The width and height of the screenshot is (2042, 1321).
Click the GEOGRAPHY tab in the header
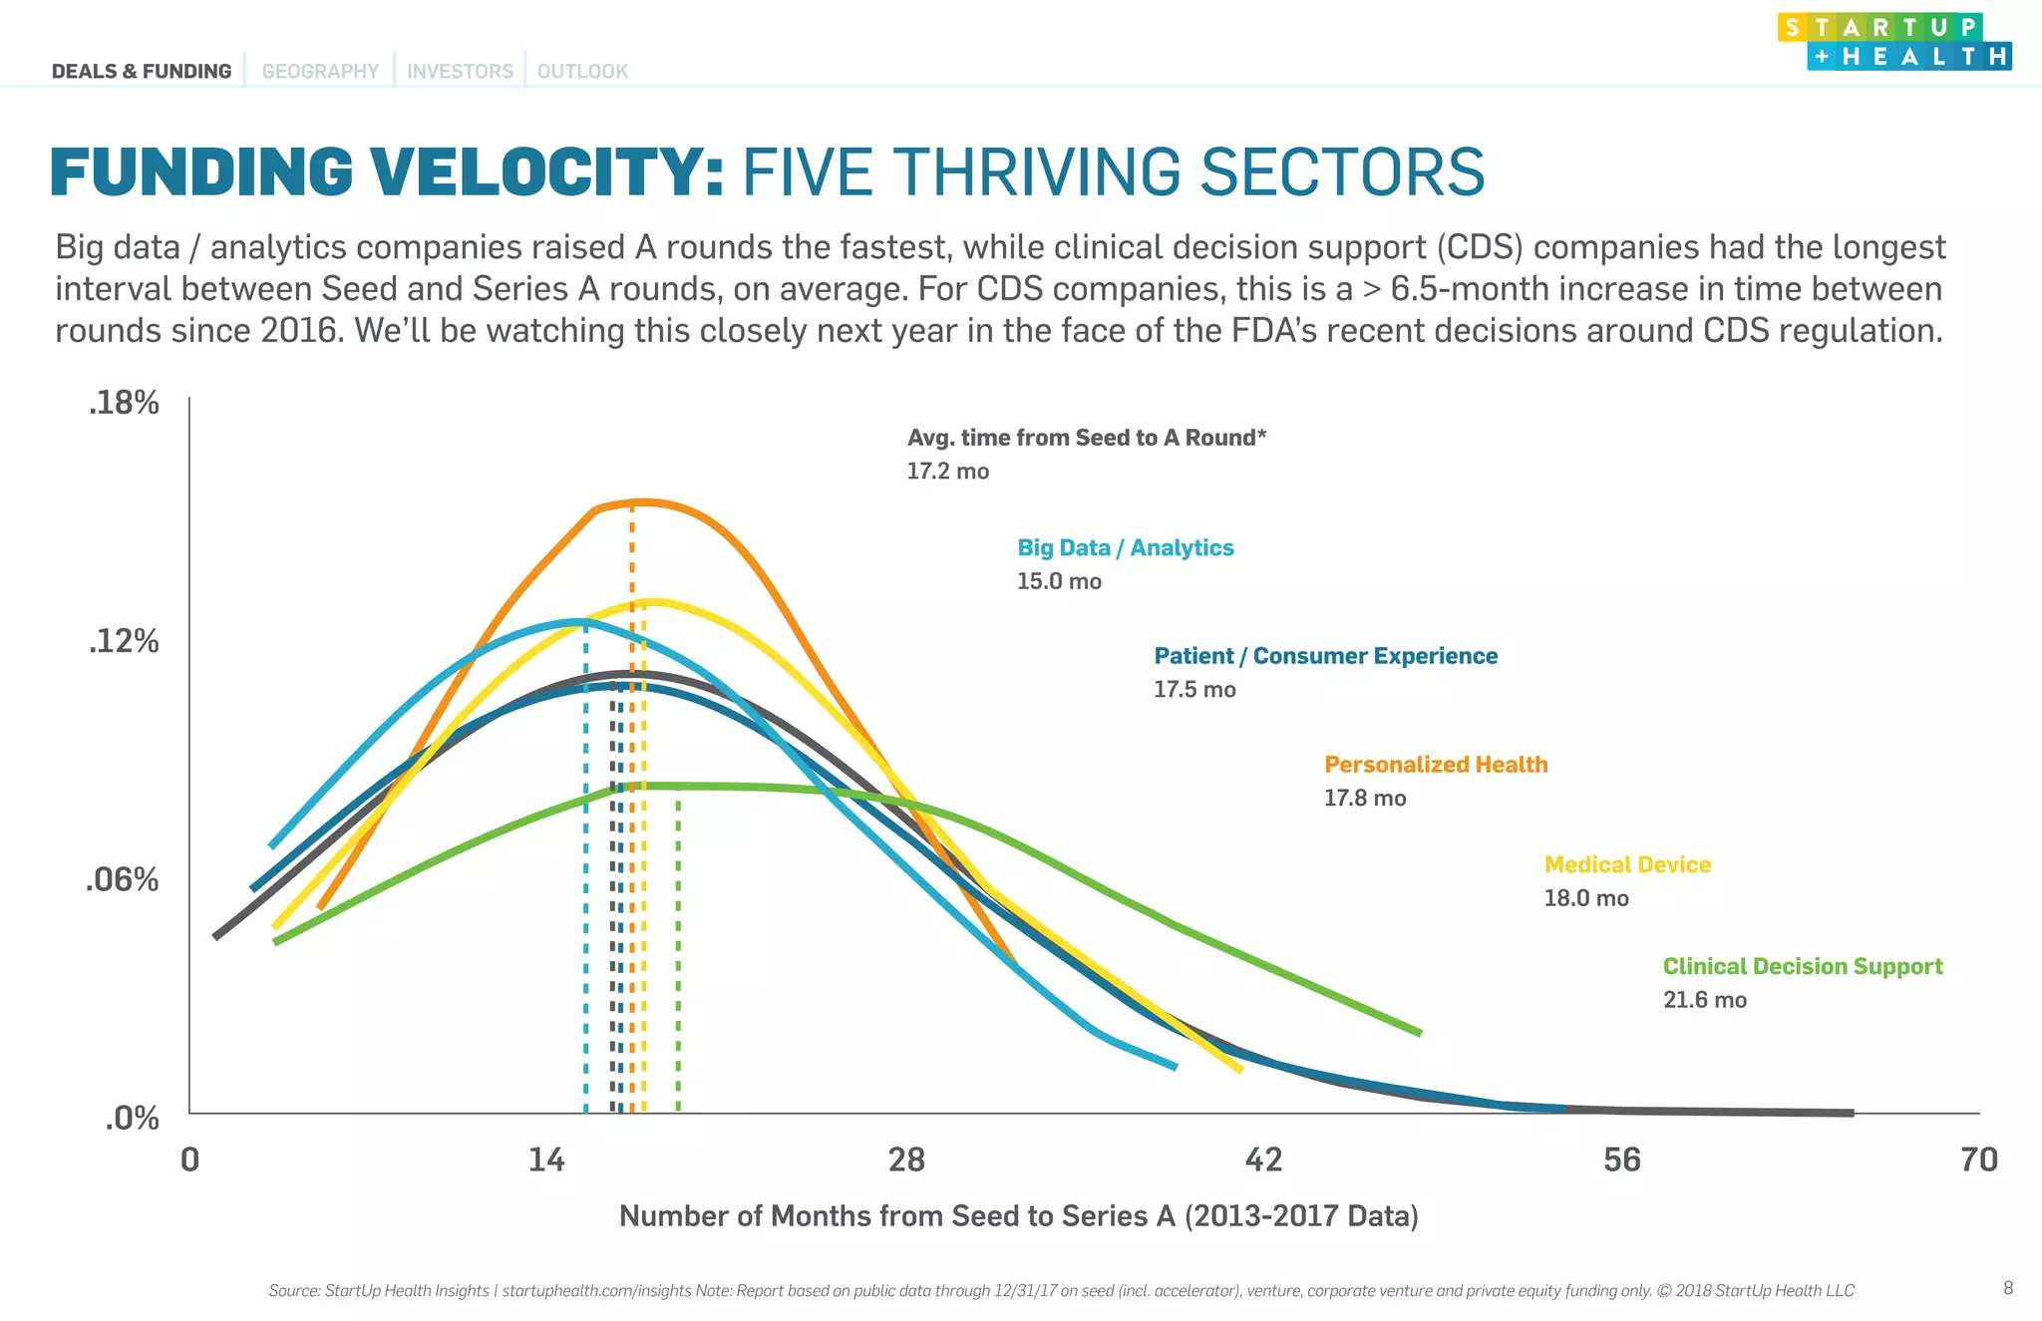(x=320, y=71)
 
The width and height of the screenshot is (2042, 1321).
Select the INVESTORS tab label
(x=460, y=71)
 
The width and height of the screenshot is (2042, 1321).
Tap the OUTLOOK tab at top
(x=582, y=71)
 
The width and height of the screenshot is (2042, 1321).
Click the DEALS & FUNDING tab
(x=142, y=71)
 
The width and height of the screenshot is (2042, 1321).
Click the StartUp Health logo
(x=1893, y=42)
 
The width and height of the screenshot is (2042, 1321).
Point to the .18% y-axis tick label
(x=124, y=403)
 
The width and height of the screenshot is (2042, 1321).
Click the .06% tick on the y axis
(x=122, y=879)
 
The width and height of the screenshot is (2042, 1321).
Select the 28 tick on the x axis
(x=905, y=1159)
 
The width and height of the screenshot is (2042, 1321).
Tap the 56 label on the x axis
(x=1621, y=1159)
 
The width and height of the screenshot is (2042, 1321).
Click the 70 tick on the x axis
(x=1978, y=1159)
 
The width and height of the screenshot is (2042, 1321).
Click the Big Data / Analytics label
(x=1125, y=547)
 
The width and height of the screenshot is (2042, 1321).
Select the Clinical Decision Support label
(x=1802, y=966)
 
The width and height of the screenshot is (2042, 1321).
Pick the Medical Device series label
(x=1627, y=864)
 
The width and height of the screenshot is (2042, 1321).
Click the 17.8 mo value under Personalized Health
(x=1364, y=798)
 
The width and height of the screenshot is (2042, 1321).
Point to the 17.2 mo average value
(x=947, y=471)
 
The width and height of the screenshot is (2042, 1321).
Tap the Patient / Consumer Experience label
(x=1325, y=656)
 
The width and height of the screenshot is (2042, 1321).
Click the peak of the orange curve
(x=643, y=502)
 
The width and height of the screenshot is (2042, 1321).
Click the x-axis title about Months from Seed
(x=1018, y=1215)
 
